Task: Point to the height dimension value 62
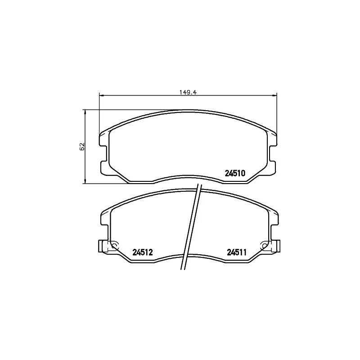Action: tap(82, 147)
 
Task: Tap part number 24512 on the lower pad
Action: tap(143, 253)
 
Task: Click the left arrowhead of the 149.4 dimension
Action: tap(101, 95)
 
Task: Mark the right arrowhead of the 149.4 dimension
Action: tap(275, 95)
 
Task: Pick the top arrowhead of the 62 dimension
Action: tap(85, 112)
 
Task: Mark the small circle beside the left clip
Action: tap(114, 245)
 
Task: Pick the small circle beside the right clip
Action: tap(264, 245)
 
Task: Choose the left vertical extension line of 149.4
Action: tap(99, 112)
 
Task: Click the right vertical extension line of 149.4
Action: tap(278, 112)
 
